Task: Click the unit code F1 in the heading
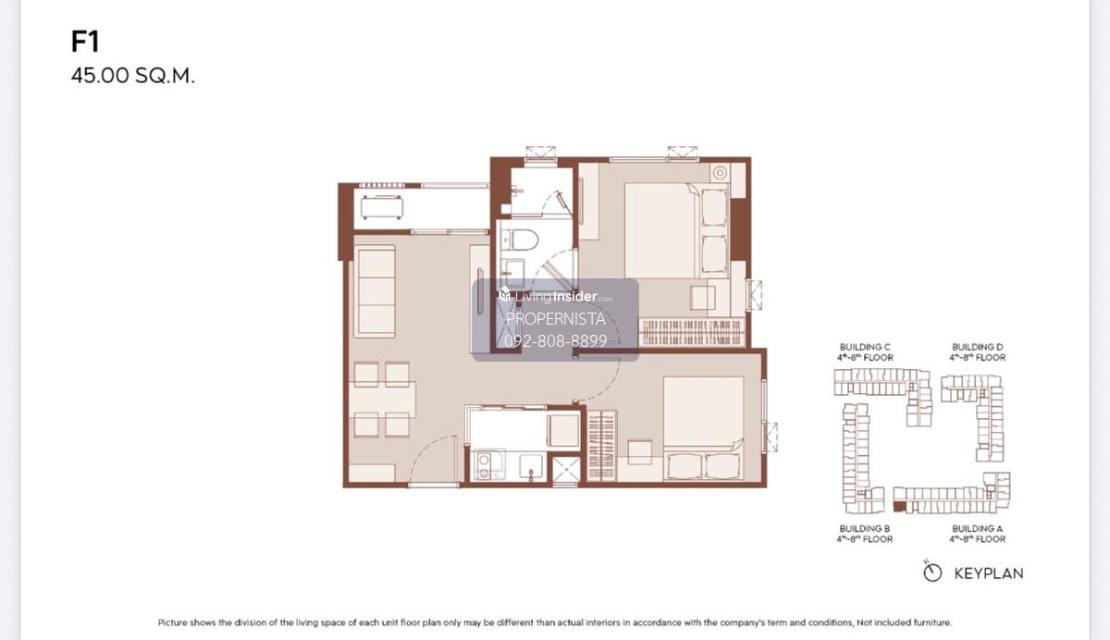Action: (x=85, y=41)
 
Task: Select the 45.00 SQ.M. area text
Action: (x=133, y=76)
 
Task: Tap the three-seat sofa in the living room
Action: (x=376, y=291)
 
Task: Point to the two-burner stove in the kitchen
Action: (x=484, y=466)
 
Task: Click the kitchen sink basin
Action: (x=531, y=466)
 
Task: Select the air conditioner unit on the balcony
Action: (x=381, y=206)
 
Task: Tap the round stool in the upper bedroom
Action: (x=720, y=173)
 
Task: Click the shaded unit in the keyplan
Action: (x=899, y=507)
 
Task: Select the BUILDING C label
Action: (x=865, y=347)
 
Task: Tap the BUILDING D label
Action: (x=977, y=347)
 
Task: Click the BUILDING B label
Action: (x=865, y=528)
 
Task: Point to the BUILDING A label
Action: (x=977, y=528)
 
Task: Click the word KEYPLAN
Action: (x=989, y=573)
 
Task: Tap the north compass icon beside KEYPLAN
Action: (x=932, y=572)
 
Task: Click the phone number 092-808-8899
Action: (x=556, y=340)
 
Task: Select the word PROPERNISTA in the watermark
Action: (x=556, y=319)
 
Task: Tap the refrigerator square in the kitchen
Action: (x=563, y=430)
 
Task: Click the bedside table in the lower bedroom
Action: (x=639, y=451)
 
